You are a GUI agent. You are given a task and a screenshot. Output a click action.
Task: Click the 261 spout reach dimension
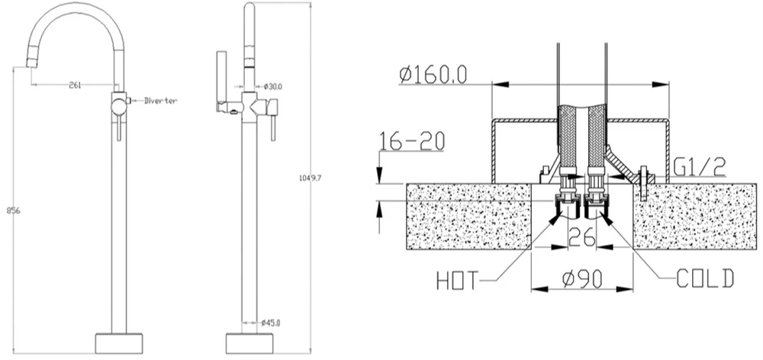[75, 85]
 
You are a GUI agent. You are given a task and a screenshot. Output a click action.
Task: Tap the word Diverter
[160, 101]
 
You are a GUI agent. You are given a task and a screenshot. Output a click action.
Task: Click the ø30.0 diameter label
[273, 87]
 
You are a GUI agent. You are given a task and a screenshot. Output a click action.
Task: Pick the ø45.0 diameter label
[271, 322]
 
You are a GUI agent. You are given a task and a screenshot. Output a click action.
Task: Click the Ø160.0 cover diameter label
[433, 75]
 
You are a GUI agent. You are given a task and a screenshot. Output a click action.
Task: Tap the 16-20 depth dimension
[412, 142]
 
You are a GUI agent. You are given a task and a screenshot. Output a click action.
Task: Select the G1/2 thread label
[700, 167]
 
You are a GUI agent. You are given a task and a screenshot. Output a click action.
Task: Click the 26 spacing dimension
[582, 237]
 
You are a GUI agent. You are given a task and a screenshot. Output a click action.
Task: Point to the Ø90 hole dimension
[582, 279]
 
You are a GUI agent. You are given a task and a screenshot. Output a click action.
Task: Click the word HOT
[457, 281]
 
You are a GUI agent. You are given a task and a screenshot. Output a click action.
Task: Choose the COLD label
[704, 278]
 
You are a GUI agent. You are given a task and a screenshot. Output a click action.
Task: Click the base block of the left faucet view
[119, 343]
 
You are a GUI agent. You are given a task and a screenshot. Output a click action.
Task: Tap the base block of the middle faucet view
[250, 343]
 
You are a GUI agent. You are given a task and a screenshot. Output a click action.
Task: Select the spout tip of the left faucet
[31, 63]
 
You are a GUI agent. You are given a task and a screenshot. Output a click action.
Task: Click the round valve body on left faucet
[118, 107]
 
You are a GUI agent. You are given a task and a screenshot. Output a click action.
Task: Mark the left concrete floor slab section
[468, 217]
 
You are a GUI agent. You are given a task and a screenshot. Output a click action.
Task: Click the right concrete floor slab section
[695, 217]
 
